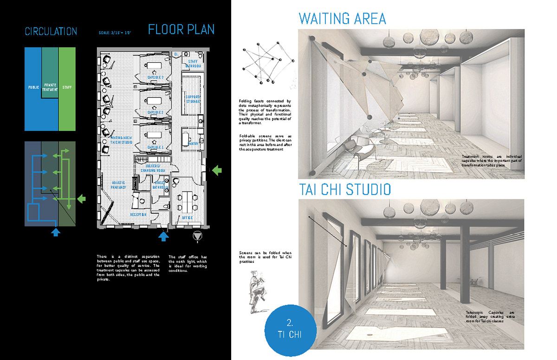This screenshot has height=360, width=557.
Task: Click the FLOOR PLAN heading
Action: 181,30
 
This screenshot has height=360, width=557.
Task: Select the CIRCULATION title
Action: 51,32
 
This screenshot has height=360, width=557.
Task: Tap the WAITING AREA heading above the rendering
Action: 342,19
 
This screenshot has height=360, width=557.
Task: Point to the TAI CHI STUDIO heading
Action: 345,189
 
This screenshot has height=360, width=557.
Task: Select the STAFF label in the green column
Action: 67,87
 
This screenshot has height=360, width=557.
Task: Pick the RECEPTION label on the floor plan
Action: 138,215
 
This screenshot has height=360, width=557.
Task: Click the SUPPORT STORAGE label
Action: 193,99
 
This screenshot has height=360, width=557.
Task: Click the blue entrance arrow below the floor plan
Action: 163,236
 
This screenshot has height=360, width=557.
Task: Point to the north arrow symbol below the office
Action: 197,237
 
